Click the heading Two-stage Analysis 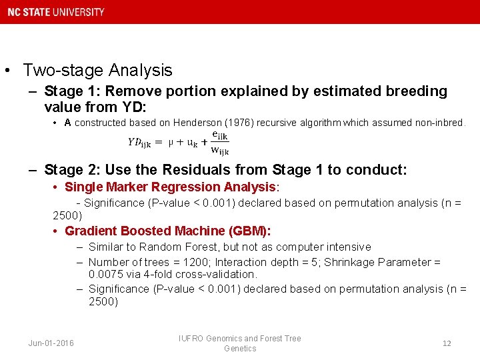coord(97,70)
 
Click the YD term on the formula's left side coord(139,142)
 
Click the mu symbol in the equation coord(171,142)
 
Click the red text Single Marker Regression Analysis coord(170,187)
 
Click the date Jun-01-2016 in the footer coord(51,343)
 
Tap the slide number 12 coord(447,343)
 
